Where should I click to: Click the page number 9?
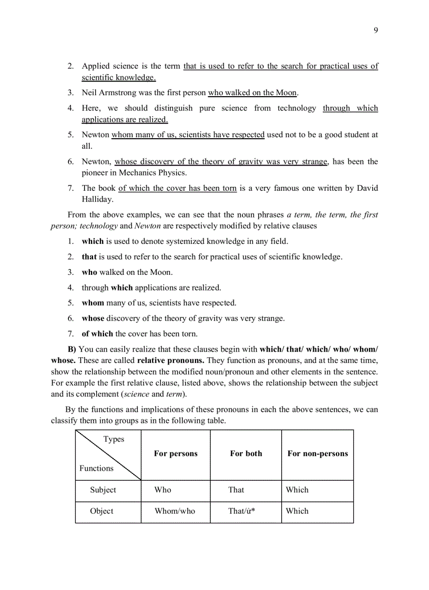pos(375,30)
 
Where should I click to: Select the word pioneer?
pos(96,172)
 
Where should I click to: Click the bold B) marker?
pos(72,349)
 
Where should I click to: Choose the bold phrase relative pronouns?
pos(171,360)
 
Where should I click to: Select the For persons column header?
pos(176,454)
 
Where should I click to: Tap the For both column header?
pos(246,454)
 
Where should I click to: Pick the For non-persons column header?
pos(318,454)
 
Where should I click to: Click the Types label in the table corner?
pos(114,439)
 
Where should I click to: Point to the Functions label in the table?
pos(96,468)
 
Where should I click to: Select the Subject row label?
pos(103,490)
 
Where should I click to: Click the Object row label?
pos(101,511)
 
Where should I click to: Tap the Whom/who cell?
pos(175,511)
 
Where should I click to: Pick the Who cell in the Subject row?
pos(163,490)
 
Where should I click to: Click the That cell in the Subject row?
pos(236,490)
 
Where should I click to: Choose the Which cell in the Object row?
pos(297,511)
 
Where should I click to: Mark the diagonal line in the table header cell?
pos(108,455)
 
